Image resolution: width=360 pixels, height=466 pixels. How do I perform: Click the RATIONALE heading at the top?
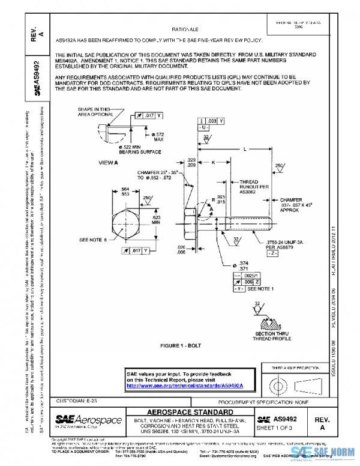coord(185,29)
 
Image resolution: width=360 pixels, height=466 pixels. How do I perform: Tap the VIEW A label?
coord(108,162)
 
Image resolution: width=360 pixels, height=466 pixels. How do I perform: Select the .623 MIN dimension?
coord(156,219)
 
